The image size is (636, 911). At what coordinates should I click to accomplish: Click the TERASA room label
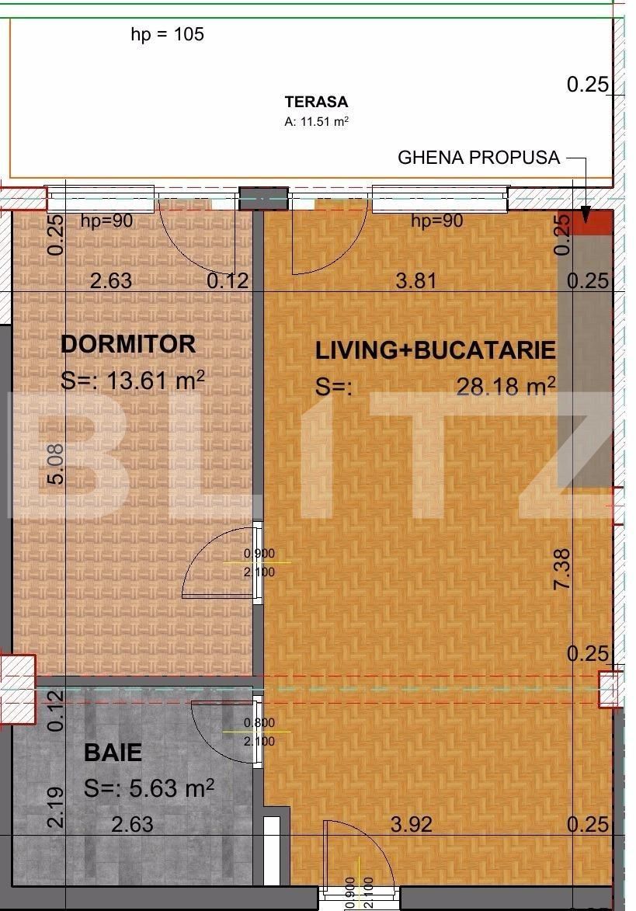(316, 102)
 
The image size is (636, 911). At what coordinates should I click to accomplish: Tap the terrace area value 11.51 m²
(316, 121)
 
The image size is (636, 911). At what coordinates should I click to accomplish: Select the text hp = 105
(167, 34)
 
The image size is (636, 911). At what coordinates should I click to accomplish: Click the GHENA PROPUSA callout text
(478, 158)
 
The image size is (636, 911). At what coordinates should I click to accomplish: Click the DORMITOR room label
(128, 344)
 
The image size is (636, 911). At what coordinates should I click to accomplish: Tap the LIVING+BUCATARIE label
(435, 350)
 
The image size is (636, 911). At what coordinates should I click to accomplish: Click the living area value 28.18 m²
(506, 386)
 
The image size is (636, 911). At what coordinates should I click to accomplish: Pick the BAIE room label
(113, 753)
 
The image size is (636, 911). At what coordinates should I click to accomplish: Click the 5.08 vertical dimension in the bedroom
(55, 464)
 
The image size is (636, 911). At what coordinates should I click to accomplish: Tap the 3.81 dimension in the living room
(416, 280)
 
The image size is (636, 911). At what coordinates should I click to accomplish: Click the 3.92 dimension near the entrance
(412, 824)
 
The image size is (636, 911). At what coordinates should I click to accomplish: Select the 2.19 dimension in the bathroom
(55, 808)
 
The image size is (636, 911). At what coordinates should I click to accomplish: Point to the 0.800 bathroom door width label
(259, 722)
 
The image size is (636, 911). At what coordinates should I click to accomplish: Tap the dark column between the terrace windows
(263, 199)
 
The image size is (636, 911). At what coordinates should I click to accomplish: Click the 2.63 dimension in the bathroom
(132, 824)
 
